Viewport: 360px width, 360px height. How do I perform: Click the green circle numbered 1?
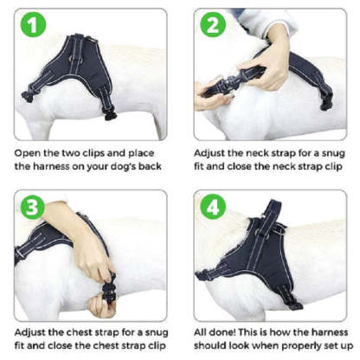pyautogui.click(x=33, y=25)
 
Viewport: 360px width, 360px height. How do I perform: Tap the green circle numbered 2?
pyautogui.click(x=213, y=25)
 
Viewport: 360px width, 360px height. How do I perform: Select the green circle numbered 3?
pyautogui.click(x=32, y=207)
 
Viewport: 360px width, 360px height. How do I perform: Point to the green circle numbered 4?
pyautogui.click(x=213, y=207)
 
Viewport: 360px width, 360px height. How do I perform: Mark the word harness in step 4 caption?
pyautogui.click(x=330, y=332)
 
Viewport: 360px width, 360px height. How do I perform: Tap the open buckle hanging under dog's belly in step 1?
pyautogui.click(x=110, y=116)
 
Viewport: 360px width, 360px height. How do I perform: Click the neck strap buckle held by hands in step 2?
pyautogui.click(x=232, y=82)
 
